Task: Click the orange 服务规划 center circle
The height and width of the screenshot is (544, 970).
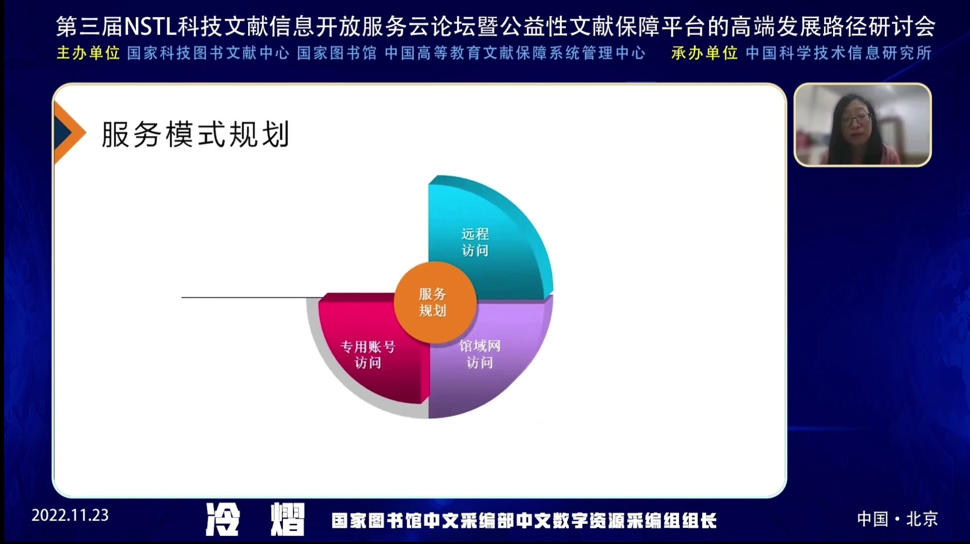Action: (x=435, y=302)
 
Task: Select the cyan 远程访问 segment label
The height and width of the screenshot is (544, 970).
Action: (x=475, y=242)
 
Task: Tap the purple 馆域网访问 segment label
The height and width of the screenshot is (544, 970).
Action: (x=479, y=354)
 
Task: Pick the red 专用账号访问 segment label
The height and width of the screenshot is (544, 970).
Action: (x=368, y=354)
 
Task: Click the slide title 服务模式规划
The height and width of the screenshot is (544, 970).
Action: (x=196, y=134)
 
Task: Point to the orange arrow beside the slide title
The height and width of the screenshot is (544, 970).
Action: (x=68, y=132)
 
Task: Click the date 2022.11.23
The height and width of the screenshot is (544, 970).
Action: (x=70, y=515)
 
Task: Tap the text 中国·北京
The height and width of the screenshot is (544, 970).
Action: (x=897, y=519)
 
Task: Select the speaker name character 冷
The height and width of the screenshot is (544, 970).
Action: (x=222, y=519)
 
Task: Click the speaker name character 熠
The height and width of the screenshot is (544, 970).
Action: (x=287, y=519)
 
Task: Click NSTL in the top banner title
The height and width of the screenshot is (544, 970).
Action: (x=150, y=27)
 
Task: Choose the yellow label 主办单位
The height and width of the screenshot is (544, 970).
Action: (x=88, y=53)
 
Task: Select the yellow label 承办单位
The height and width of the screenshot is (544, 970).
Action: (x=704, y=53)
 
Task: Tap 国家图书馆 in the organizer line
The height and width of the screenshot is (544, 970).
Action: (x=337, y=53)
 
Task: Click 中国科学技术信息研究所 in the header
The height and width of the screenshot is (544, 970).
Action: (x=839, y=53)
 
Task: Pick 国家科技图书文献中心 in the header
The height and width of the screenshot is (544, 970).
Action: (x=208, y=53)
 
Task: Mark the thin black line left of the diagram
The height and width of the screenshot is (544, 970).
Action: (x=252, y=297)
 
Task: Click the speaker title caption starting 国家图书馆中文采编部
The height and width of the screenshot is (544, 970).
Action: (x=524, y=521)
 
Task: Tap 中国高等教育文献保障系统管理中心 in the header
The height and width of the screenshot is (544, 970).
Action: (x=515, y=53)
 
